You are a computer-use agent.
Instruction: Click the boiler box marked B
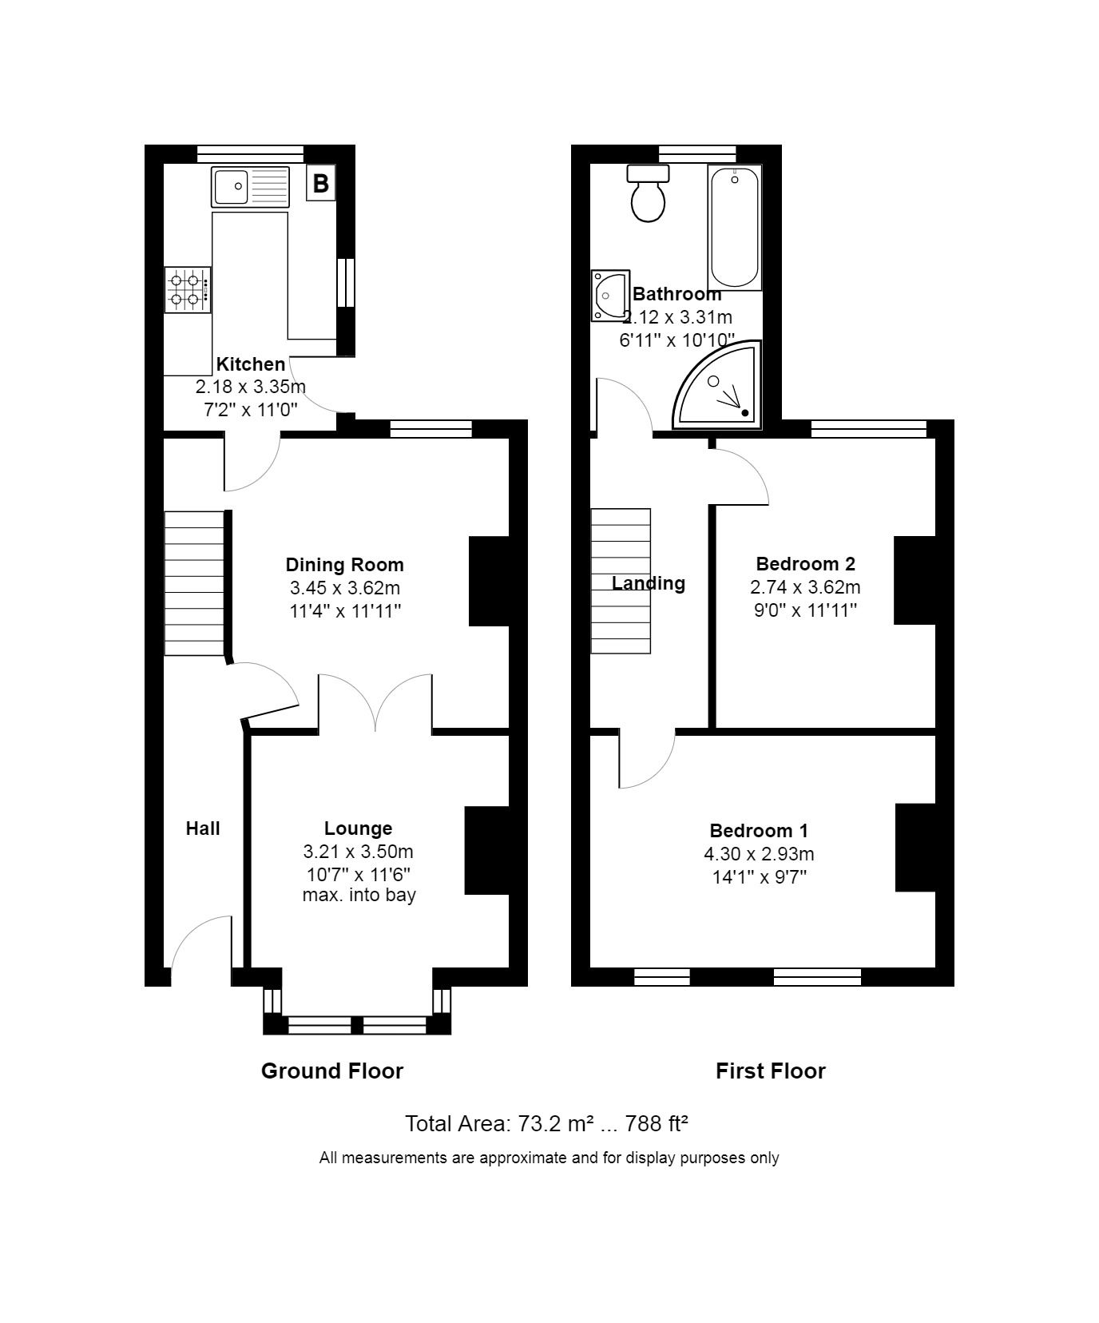(320, 184)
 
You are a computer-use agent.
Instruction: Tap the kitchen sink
(250, 186)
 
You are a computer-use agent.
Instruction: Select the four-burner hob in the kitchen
(188, 290)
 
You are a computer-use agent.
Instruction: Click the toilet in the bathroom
(648, 193)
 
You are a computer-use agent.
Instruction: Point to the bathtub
(735, 227)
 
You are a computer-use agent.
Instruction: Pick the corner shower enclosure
(718, 386)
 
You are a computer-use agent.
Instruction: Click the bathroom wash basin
(610, 296)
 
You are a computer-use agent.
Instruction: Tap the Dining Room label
(345, 565)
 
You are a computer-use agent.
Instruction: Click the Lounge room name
(358, 828)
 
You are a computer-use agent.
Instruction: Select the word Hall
(203, 828)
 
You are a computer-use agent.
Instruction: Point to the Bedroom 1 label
(759, 831)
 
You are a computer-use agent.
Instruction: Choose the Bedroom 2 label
(805, 564)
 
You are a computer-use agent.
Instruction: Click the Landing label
(649, 583)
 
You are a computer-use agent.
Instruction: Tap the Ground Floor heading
(332, 1071)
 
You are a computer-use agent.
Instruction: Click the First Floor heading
(771, 1071)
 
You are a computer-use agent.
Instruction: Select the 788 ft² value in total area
(657, 1123)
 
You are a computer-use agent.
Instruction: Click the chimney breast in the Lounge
(487, 850)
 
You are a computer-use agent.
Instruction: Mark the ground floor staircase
(194, 583)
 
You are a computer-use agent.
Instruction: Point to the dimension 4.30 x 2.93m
(759, 854)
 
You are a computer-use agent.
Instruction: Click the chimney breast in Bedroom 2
(915, 580)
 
